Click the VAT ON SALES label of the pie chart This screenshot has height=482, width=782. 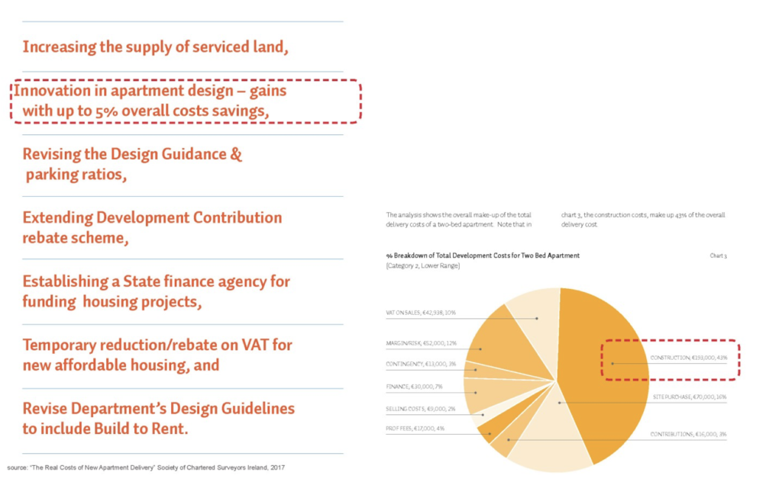pyautogui.click(x=419, y=313)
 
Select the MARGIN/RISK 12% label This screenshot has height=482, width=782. pyautogui.click(x=422, y=344)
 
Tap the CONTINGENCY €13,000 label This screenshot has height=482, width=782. pyautogui.click(x=421, y=365)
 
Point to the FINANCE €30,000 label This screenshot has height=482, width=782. pyautogui.click(x=413, y=387)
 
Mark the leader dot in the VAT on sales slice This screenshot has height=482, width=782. pyautogui.click(x=537, y=318)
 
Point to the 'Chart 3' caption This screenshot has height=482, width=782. pyautogui.click(x=719, y=255)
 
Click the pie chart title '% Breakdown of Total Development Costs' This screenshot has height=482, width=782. pyautogui.click(x=483, y=255)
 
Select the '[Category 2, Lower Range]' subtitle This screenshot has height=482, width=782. pyautogui.click(x=423, y=265)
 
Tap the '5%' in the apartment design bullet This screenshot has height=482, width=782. pyautogui.click(x=107, y=111)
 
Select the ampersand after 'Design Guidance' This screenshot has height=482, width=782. pyautogui.click(x=236, y=154)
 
